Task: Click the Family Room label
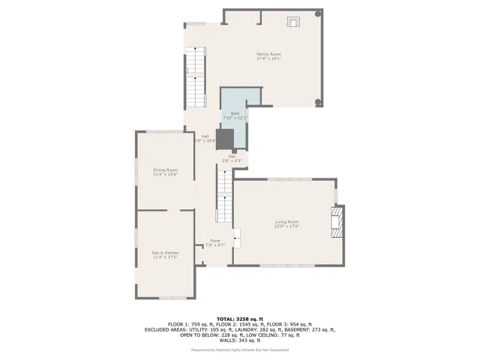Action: coord(268,54)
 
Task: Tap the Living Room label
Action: coord(286,222)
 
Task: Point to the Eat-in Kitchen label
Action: coord(165,253)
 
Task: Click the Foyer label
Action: coord(215,241)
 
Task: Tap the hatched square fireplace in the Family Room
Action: coord(292,21)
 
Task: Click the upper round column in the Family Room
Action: coord(318,13)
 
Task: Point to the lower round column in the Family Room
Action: coord(318,103)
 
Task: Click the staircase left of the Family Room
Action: coord(196,76)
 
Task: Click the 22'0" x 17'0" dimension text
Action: coord(286,226)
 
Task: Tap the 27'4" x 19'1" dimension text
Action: coord(268,58)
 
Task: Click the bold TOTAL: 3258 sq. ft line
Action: coord(240,319)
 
